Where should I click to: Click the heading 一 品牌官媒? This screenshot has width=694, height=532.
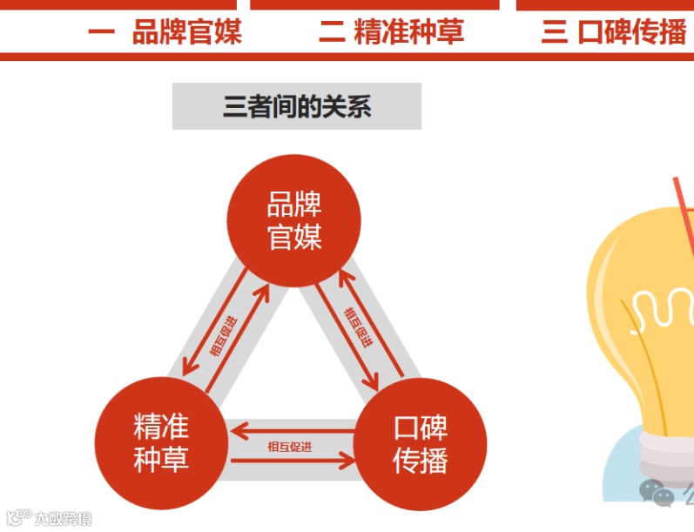pos(165,33)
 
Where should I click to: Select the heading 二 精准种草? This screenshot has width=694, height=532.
pos(392,33)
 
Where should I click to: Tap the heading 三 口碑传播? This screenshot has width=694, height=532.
pos(615,33)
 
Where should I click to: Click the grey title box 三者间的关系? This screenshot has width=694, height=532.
pos(297,107)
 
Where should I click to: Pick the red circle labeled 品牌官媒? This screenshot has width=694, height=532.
pos(294,221)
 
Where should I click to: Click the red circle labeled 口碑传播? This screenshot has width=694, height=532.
pos(421,443)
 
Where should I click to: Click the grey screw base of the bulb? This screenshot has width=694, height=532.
pos(666,448)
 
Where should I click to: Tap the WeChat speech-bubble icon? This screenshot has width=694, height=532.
pos(656,493)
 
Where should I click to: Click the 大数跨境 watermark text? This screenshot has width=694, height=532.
pos(61,519)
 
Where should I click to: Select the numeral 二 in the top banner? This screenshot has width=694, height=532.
pos(332,33)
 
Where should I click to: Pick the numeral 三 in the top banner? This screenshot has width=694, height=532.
pos(554,33)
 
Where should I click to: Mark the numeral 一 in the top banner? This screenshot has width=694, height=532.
pos(102,33)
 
